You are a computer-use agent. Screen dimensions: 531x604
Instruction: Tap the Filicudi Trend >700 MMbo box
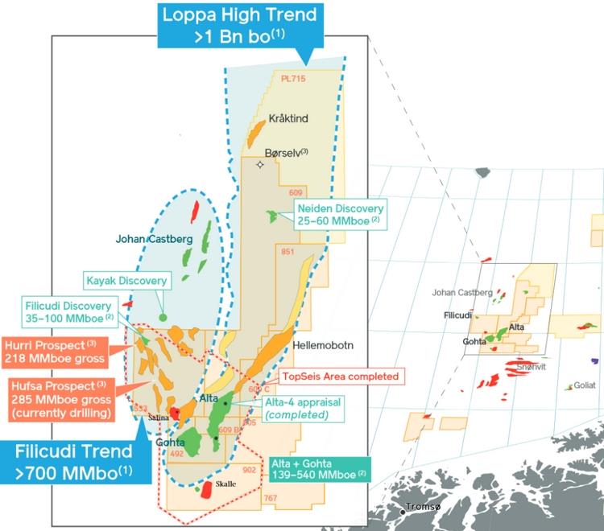pos(76,459)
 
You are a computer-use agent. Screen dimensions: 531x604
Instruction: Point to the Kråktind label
pos(288,118)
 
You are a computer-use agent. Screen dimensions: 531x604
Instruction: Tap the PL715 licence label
pos(295,79)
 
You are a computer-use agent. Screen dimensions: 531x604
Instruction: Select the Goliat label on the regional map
pos(584,385)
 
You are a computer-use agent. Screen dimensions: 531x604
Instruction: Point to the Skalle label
pos(226,484)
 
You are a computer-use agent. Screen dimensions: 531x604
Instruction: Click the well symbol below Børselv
pos(259,164)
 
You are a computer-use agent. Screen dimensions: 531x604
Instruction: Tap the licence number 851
pos(288,252)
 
